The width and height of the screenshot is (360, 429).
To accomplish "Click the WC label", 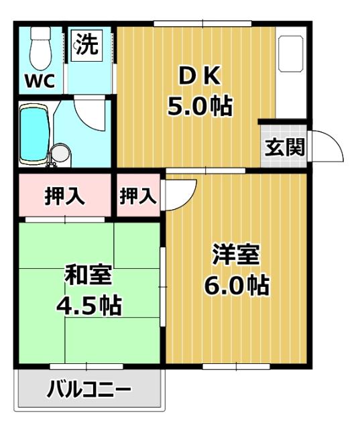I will [38, 81].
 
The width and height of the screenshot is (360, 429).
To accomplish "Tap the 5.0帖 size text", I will [199, 105].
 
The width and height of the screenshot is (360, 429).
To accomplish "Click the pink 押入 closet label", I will [64, 196].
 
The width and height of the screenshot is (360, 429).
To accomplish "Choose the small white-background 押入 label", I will [139, 196].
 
